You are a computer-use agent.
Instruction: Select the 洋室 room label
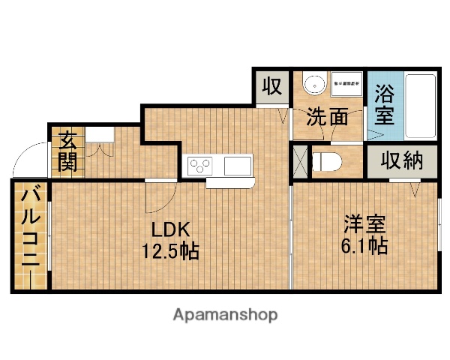coord(364,224)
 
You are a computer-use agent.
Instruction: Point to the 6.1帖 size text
coord(364,246)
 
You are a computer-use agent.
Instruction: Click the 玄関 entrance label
coord(68,150)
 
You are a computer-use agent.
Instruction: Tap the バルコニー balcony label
coord(31,235)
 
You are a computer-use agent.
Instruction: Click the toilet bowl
coord(326,161)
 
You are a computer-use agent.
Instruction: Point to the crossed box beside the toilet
coord(299,161)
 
